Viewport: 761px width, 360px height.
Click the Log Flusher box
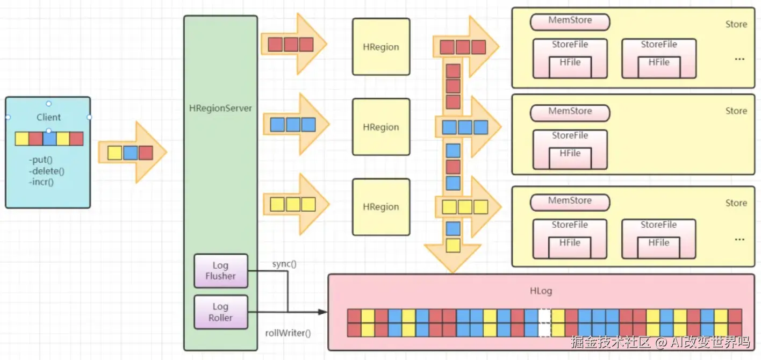[221, 271]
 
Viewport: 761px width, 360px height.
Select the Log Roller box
[221, 312]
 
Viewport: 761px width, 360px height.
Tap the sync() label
[284, 264]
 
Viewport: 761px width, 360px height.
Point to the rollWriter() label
[288, 333]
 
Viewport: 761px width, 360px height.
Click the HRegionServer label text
[220, 109]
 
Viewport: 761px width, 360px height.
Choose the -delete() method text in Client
[47, 171]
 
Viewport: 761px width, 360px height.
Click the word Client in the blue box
[48, 117]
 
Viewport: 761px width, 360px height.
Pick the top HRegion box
[381, 47]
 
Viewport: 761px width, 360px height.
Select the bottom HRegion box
[381, 207]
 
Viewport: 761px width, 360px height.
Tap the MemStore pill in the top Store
[570, 21]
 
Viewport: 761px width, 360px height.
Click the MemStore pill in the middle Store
[570, 113]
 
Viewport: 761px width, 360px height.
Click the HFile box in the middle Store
[570, 157]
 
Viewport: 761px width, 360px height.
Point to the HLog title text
[541, 291]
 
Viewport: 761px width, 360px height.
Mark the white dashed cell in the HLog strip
[544, 323]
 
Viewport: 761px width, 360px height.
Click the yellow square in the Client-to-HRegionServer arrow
[115, 153]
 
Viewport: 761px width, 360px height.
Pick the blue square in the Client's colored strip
[49, 139]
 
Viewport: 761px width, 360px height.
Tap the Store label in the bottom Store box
[736, 203]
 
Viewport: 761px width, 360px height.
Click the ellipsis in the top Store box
[740, 59]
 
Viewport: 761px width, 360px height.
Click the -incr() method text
[41, 182]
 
